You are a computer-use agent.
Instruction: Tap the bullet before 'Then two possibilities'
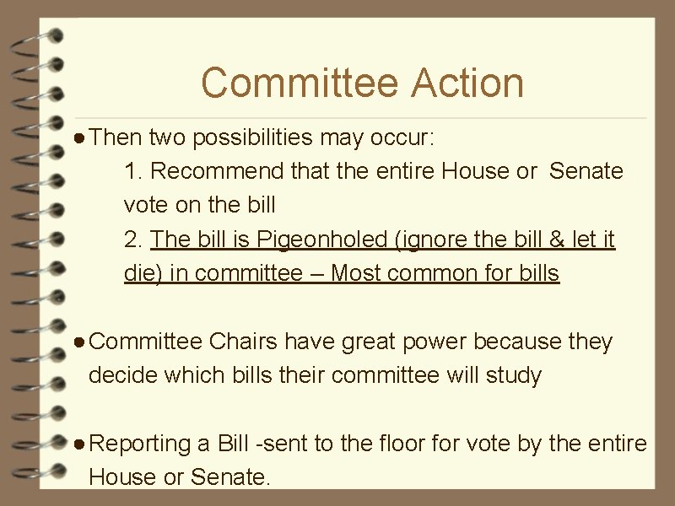tap(78, 136)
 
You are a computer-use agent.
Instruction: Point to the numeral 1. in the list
tap(133, 171)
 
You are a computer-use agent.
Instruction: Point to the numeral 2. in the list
tap(133, 240)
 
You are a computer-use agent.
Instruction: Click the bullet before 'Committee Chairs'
tap(78, 342)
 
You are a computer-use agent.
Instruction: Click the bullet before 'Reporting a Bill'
tap(78, 444)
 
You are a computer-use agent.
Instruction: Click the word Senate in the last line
tap(229, 477)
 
